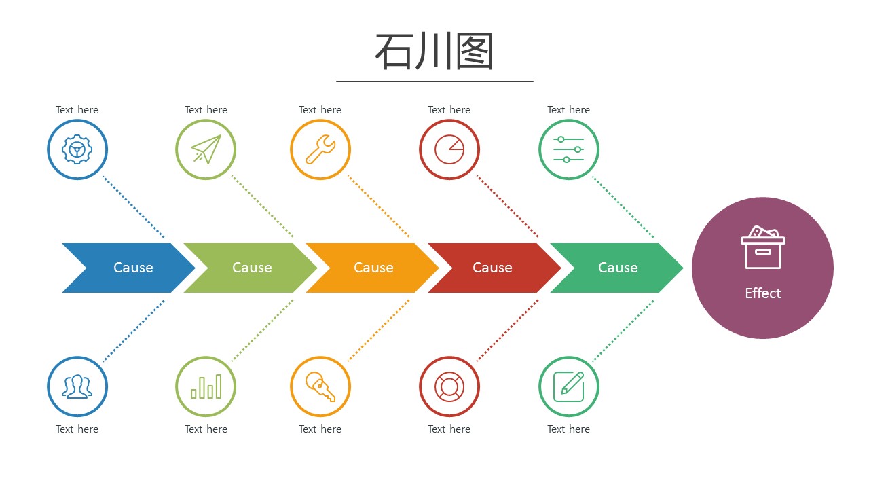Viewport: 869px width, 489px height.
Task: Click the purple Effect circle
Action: (762, 268)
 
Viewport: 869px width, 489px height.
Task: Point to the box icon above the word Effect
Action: (762, 247)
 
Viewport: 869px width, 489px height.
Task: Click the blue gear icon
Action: (77, 149)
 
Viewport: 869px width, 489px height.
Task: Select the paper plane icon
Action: (206, 149)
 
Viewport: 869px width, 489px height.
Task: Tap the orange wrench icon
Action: (320, 149)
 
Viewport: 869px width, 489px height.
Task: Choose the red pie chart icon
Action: (449, 149)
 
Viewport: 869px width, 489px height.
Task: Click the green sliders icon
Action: (569, 149)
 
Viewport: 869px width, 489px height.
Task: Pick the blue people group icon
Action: (77, 386)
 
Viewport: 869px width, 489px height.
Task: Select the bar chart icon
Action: (206, 386)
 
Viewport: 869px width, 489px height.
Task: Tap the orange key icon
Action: (320, 386)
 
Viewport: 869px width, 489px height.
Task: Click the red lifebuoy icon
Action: (449, 386)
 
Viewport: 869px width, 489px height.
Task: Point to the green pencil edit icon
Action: (569, 386)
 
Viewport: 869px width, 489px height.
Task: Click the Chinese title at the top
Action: (434, 51)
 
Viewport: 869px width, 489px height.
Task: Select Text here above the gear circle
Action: (77, 110)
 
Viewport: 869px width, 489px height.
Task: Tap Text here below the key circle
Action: (320, 429)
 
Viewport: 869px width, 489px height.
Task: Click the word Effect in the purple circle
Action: (762, 293)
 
